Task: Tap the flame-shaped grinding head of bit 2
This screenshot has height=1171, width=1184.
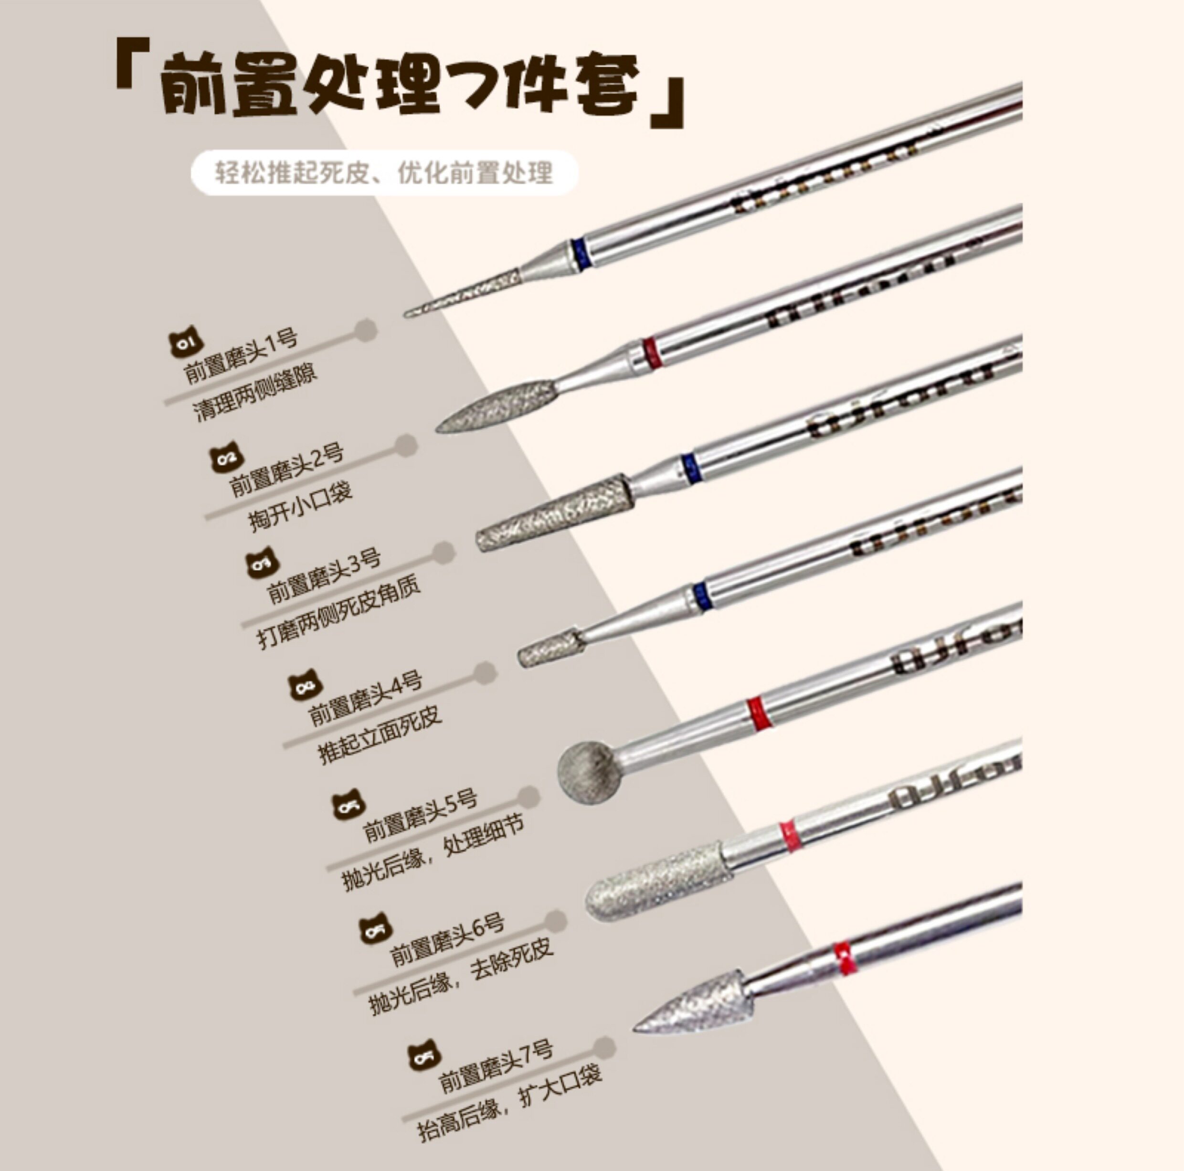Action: (x=497, y=405)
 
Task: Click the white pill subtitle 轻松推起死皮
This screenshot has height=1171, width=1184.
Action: (x=384, y=173)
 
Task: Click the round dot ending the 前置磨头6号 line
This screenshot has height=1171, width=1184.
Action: (x=555, y=920)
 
